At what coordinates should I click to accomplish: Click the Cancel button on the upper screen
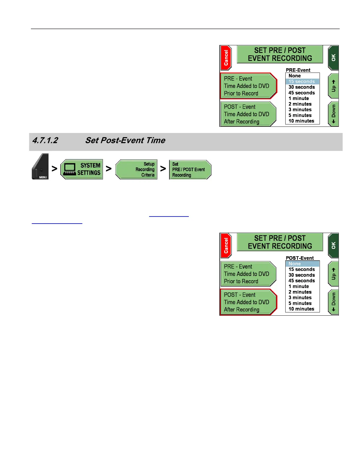pos(226,58)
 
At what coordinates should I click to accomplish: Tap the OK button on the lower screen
pos(333,245)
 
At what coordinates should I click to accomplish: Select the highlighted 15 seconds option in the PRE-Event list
pos(302,81)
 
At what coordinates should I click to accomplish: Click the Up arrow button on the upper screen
pos(333,86)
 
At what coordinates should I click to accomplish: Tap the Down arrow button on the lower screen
pos(333,302)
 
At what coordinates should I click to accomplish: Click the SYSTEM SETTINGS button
pos(82,169)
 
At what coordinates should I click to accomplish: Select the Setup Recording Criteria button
pos(136,169)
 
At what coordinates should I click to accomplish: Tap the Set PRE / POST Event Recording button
pos(190,169)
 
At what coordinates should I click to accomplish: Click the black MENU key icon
pos(40,167)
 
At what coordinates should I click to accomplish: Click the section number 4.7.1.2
pos(45,140)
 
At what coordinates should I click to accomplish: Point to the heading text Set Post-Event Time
pos(125,140)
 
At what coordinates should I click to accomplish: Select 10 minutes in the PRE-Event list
pos(301,121)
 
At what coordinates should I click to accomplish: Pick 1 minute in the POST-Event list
pos(299,286)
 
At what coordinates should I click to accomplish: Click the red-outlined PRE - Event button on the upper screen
pos(248,86)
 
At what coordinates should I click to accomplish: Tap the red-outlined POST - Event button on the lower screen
pos(248,302)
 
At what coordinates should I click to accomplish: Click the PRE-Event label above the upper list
pos(298,70)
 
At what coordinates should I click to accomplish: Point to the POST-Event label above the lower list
pos(300,258)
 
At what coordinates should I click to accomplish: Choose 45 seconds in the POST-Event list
pos(302,281)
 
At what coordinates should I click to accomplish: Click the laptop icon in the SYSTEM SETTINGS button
pos(70,169)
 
